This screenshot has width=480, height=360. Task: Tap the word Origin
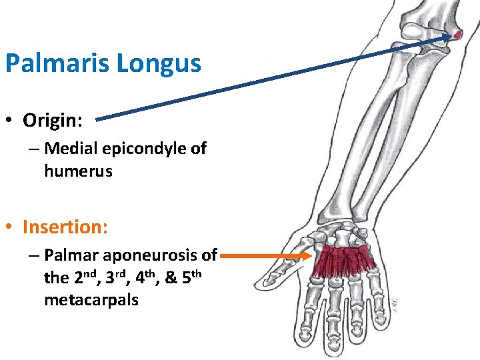[51, 120]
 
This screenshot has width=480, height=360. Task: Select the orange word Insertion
[65, 227]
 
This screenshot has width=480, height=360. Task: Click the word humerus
[78, 171]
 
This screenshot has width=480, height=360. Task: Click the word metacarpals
[91, 300]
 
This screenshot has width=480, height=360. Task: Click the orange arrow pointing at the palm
[267, 255]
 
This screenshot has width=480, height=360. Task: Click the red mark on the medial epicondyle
[457, 34]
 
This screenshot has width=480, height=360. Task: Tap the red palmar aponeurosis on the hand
[345, 261]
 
